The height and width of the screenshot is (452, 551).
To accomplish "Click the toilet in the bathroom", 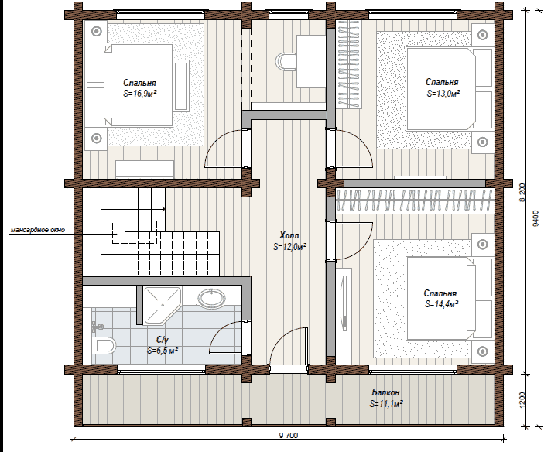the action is [x=104, y=346].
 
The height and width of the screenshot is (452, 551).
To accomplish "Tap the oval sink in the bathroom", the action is [x=212, y=299].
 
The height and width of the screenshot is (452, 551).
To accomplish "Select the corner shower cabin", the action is [x=163, y=305].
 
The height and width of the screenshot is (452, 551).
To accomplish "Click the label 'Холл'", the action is [x=289, y=235].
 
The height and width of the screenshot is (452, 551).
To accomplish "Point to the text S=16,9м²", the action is [x=139, y=94].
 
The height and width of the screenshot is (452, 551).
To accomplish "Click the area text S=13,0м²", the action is [x=444, y=94].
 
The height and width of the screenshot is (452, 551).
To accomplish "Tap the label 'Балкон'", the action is [x=386, y=392].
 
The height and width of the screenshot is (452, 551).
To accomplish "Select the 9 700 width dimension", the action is [x=288, y=435].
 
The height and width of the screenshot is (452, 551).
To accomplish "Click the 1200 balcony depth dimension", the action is [x=522, y=399].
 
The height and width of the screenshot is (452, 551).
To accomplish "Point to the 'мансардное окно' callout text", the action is [x=38, y=230].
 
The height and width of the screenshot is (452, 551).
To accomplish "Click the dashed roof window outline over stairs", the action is [x=135, y=232].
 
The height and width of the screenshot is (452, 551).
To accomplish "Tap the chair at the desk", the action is [x=286, y=61].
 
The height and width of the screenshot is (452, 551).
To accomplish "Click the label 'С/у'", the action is [x=163, y=340].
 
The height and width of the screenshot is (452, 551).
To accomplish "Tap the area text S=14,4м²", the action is [x=441, y=304].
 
